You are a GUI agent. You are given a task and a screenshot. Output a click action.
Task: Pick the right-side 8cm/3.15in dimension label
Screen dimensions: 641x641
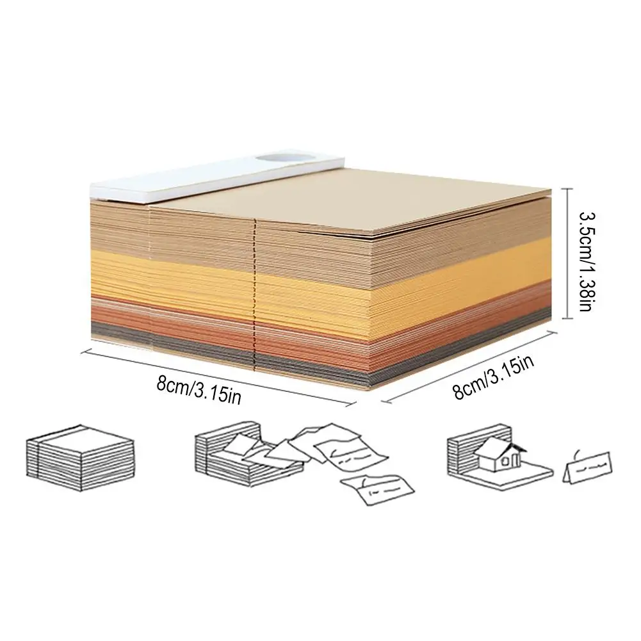coord(494,378)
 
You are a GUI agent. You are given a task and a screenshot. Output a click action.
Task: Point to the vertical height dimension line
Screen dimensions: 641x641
coord(565,253)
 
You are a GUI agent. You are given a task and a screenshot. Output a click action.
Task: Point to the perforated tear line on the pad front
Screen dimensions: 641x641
coord(256,295)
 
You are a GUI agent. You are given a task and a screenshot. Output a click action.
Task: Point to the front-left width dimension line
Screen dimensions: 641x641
coord(218,375)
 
